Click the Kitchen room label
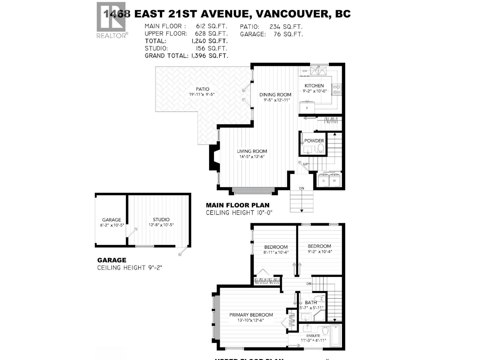point(314,85)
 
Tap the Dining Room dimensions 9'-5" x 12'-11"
point(275,100)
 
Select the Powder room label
point(314,141)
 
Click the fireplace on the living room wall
point(214,158)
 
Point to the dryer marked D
point(324,181)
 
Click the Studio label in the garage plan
point(161,220)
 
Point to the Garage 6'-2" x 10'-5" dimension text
point(111,225)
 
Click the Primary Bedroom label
point(251,315)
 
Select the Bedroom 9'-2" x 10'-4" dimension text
point(319,252)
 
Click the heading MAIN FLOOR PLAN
point(238,205)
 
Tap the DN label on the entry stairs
point(301,188)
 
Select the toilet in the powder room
point(321,148)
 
